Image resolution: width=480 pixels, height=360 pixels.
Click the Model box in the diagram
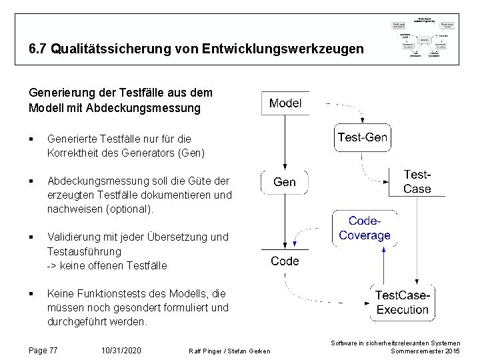[285, 103]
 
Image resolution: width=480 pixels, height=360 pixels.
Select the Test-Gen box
[362, 138]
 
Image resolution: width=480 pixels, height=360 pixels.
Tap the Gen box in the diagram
[285, 182]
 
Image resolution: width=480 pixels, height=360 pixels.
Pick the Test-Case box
[417, 181]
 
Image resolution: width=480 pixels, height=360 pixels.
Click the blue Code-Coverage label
[365, 228]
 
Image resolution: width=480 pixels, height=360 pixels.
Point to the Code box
[285, 261]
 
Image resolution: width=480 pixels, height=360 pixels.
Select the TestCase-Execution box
[402, 302]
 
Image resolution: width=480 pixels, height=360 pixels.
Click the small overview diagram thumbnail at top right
[425, 39]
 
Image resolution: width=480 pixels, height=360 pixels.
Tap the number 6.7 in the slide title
[38, 49]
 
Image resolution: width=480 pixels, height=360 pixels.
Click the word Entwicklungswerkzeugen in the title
[288, 49]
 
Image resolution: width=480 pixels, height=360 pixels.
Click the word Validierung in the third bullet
[75, 237]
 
